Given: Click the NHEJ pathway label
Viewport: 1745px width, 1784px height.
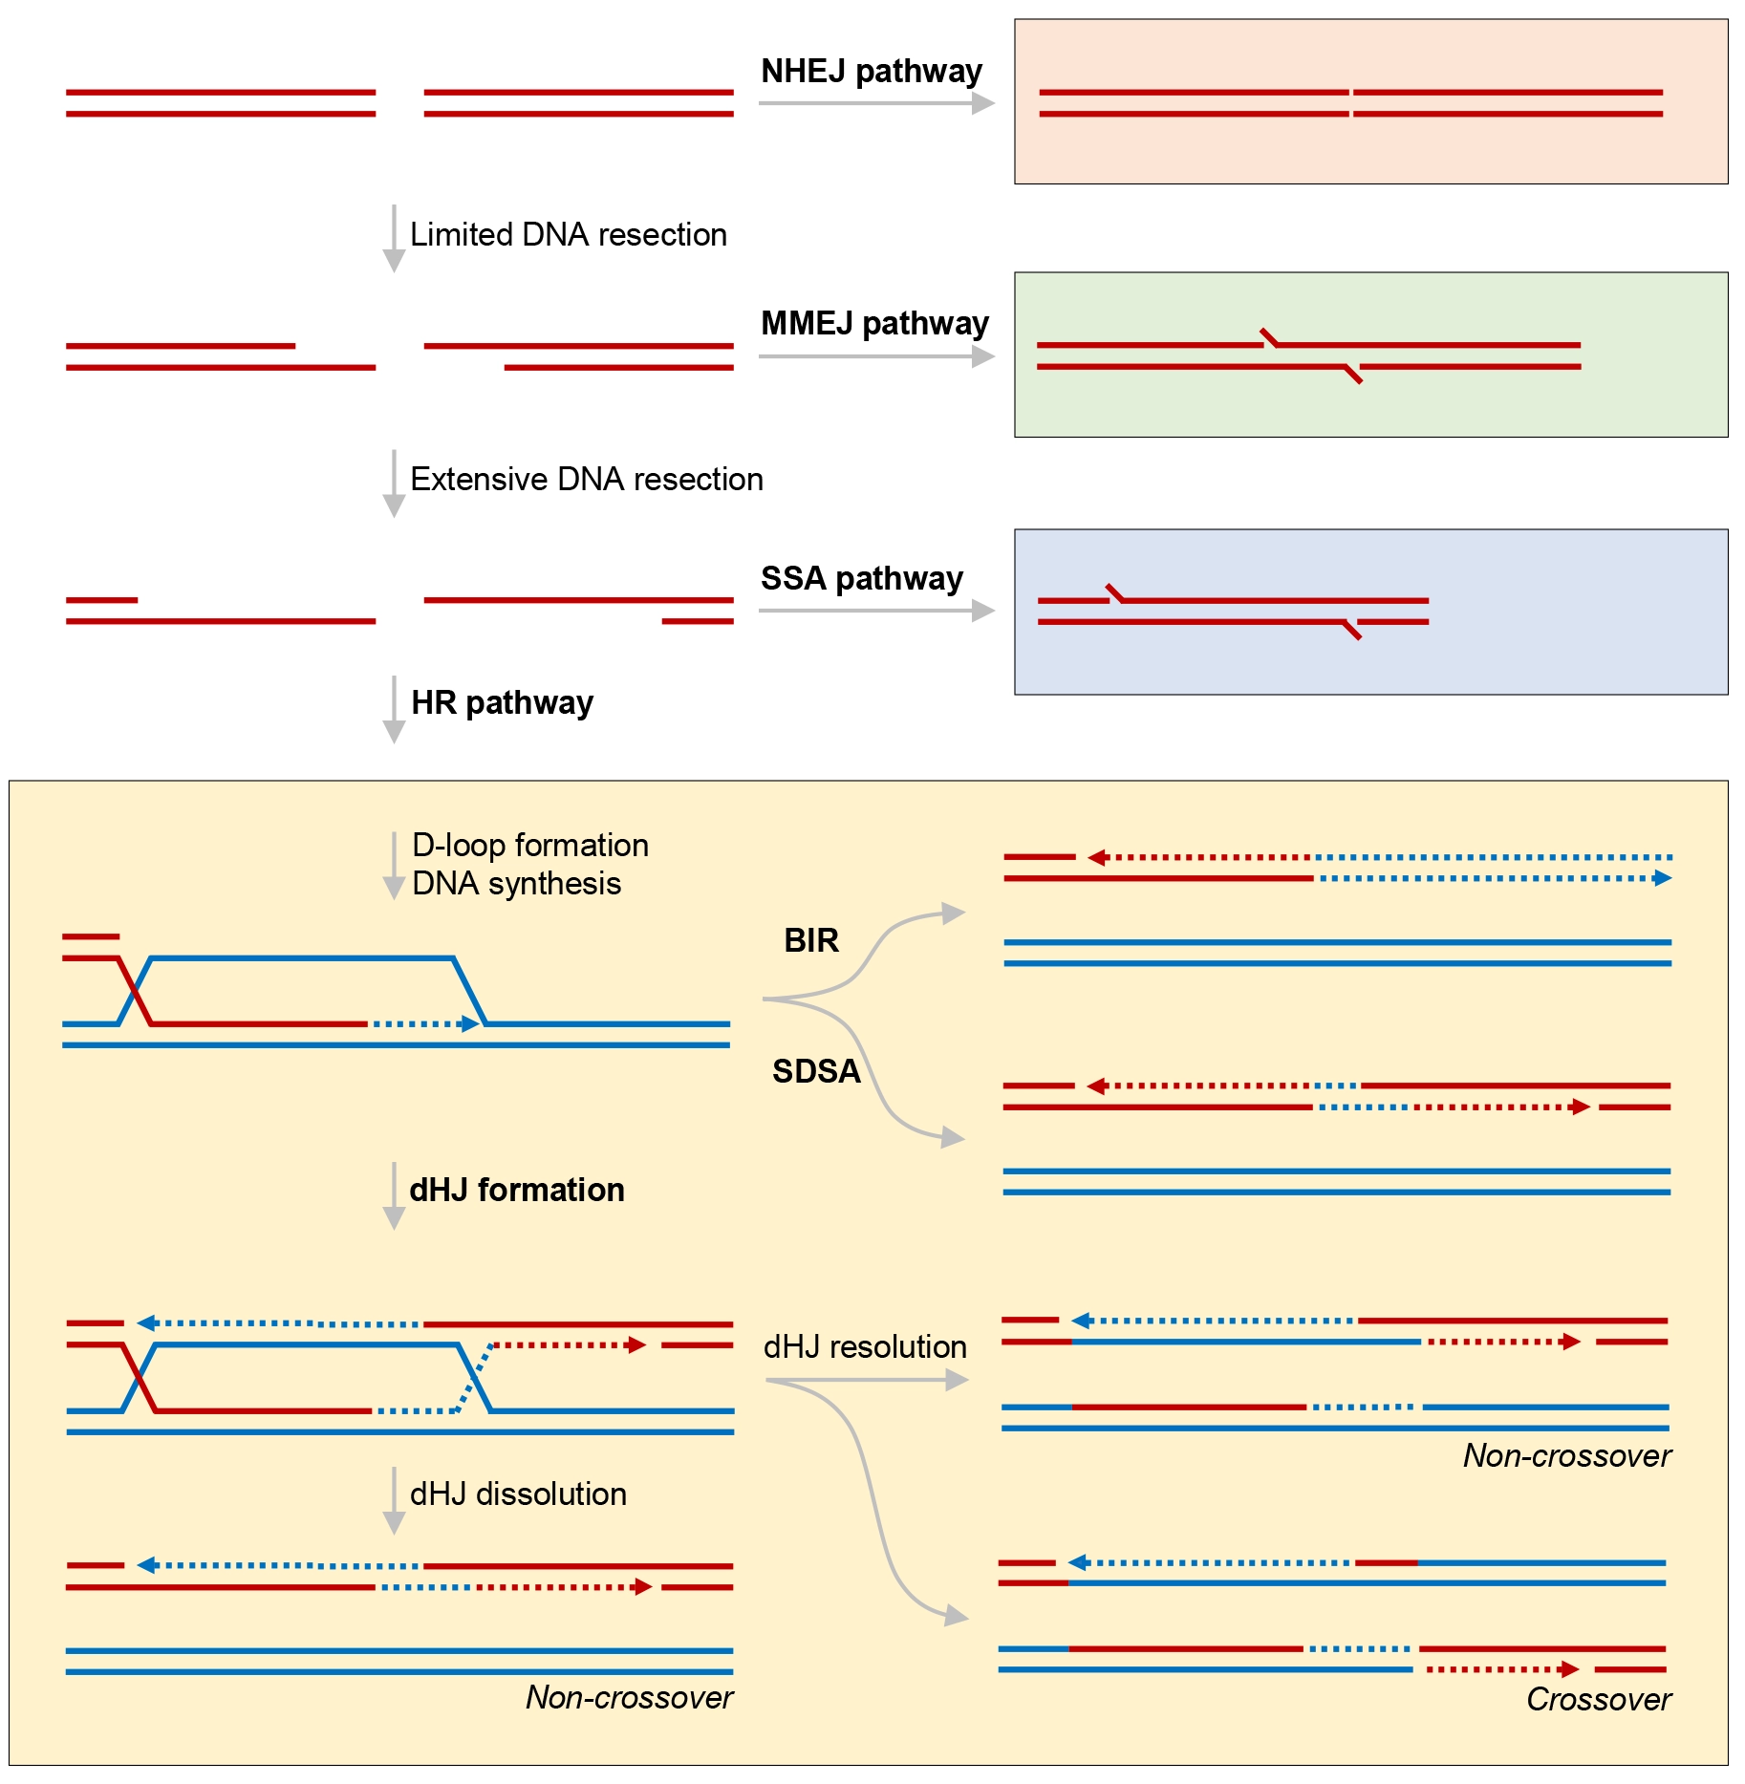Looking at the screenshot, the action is click(872, 71).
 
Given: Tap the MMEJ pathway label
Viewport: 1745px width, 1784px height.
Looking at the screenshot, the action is click(874, 323).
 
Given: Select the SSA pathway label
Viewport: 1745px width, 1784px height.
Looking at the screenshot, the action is click(862, 578).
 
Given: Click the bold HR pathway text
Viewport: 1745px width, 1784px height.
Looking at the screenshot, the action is click(502, 702).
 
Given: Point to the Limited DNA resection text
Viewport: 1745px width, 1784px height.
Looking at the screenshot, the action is click(569, 234).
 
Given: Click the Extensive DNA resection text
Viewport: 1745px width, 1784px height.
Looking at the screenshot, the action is click(587, 479).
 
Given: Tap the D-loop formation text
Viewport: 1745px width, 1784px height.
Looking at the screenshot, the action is click(530, 845).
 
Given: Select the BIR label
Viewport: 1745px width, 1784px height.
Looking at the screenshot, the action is click(811, 940).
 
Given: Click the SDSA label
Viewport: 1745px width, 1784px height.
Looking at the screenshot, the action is click(816, 1071).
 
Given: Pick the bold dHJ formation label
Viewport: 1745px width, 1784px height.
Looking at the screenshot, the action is click(517, 1190).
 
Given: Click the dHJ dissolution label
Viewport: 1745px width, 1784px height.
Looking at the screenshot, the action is click(518, 1494).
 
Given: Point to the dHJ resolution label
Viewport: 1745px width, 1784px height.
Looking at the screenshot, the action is click(865, 1346).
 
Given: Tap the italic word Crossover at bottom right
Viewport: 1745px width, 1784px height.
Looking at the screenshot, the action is click(1599, 1699).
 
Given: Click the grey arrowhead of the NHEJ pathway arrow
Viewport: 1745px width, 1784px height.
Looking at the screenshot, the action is click(983, 103).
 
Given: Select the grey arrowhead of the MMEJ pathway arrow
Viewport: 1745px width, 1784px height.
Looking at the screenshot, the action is click(983, 356).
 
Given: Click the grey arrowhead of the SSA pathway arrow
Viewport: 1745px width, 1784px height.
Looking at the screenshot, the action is click(983, 611).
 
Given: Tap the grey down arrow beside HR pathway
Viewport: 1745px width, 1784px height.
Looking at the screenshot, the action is click(394, 709).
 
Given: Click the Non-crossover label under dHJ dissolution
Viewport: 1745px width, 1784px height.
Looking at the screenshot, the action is click(629, 1697).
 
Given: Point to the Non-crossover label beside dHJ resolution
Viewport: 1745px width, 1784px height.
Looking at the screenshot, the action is click(1567, 1455).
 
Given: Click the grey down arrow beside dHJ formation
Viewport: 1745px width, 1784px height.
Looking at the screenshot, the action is click(394, 1195).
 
